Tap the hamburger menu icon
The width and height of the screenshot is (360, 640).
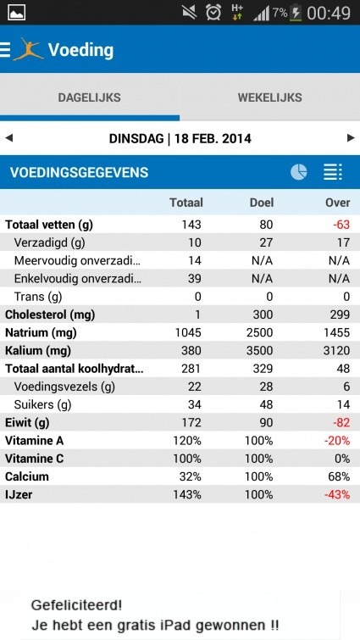[x=6, y=49]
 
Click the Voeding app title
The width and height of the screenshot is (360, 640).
[x=80, y=49]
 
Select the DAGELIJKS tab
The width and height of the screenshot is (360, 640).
[x=89, y=97]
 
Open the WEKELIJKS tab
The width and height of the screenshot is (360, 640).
[x=269, y=97]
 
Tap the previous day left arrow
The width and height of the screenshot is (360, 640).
[x=9, y=137]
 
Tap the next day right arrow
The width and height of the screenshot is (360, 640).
[x=351, y=137]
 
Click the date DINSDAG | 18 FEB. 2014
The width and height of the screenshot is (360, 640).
[x=180, y=137]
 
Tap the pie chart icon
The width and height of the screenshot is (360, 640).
[x=298, y=172]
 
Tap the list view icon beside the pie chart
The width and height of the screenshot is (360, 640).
[x=333, y=172]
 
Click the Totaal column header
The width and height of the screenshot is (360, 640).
[x=186, y=203]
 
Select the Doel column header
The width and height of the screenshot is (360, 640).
[x=262, y=203]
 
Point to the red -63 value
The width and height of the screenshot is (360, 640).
[x=341, y=225]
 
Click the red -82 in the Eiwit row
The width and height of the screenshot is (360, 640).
[x=341, y=422]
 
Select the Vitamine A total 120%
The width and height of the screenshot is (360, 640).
[x=186, y=441]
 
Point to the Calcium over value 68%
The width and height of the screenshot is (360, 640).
[x=339, y=476]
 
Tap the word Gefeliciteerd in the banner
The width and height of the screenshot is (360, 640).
[x=75, y=605]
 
